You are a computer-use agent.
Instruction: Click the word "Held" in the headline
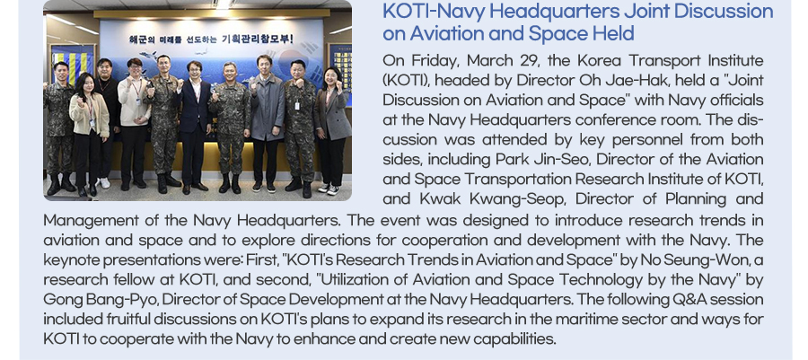(x=618, y=34)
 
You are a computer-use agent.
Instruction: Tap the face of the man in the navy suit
(x=195, y=70)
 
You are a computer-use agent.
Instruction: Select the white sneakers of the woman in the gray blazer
(x=328, y=189)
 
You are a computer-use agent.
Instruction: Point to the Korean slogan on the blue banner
(x=211, y=40)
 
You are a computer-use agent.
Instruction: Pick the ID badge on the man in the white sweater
(x=137, y=101)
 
